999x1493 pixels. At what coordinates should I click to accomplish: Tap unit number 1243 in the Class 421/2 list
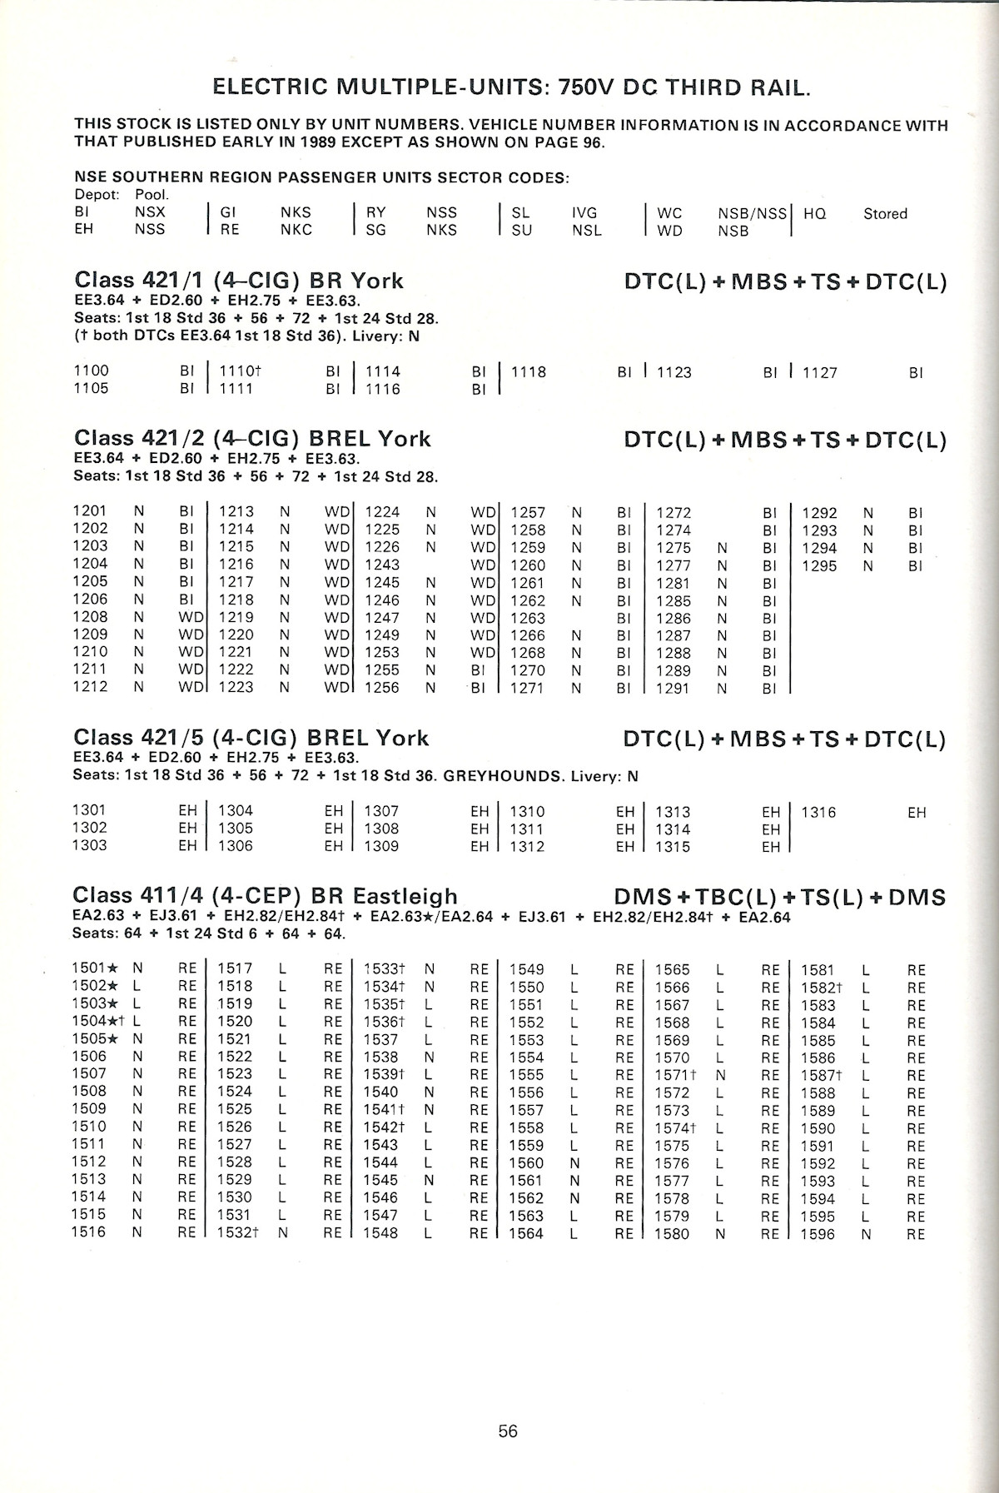382,565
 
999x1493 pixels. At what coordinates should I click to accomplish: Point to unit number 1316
818,812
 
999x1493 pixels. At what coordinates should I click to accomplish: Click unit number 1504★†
98,1021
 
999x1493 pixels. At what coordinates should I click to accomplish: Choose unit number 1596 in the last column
818,1234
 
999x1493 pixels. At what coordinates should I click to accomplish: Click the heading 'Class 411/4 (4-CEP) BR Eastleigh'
266,896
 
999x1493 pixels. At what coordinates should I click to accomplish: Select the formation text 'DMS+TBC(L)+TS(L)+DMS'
779,898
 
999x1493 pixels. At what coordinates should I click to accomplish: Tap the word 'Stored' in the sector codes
885,214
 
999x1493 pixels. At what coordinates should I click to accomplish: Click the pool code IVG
584,213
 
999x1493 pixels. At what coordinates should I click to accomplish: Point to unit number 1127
819,372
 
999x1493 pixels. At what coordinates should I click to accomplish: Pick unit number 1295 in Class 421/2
819,566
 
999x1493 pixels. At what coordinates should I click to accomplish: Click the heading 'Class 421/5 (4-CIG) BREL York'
251,738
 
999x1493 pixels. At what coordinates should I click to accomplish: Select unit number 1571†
675,1075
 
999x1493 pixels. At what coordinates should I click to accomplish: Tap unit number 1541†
384,1110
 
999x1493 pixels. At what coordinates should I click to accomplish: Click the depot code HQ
814,214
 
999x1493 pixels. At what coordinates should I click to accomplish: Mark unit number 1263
528,618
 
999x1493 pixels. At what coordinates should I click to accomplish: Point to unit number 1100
92,371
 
